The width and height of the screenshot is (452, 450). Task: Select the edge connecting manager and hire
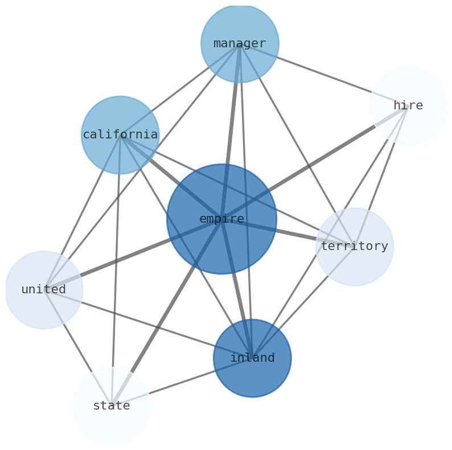pos(324,75)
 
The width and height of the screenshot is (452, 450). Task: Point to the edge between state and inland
pos(176,384)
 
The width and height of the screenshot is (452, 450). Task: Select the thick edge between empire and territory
pos(296,235)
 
